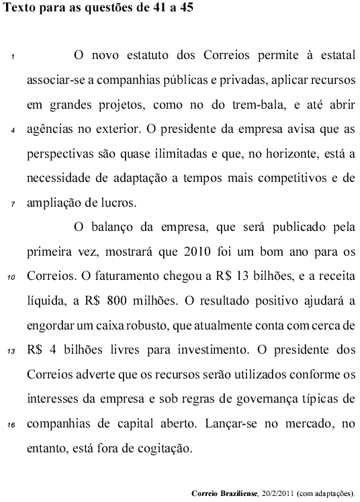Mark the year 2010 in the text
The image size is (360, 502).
point(188,251)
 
